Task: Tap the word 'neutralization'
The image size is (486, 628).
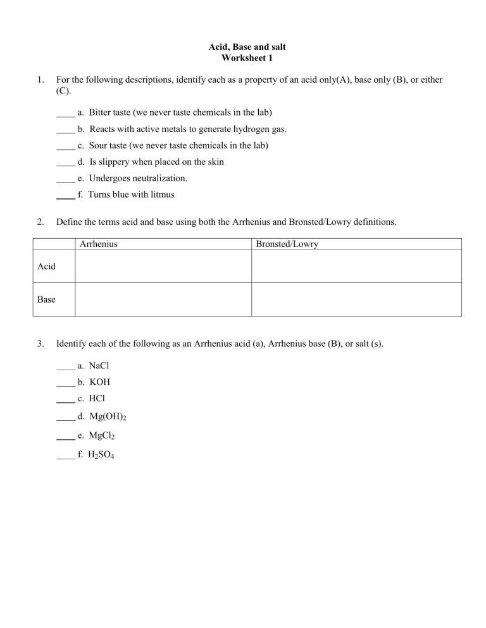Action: (x=158, y=179)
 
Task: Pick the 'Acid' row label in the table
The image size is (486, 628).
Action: (x=46, y=267)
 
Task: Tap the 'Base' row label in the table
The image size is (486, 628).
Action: (x=46, y=299)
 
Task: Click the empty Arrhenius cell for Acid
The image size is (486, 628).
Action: (x=163, y=267)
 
